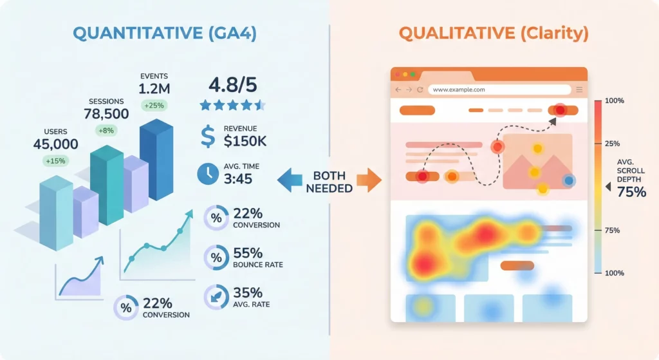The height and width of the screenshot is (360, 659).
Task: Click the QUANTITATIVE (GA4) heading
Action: [164, 33]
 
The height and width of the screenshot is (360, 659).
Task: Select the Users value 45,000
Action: [55, 144]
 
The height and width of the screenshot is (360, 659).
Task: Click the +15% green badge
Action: [55, 161]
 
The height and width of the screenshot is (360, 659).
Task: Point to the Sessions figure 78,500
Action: [106, 114]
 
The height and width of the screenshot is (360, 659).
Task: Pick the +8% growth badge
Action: [106, 131]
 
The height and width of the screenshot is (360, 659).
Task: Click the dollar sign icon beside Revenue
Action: [208, 136]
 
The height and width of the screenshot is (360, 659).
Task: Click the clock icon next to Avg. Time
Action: [207, 174]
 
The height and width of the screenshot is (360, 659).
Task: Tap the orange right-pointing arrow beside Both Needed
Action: [367, 180]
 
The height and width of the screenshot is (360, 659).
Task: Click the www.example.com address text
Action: [459, 90]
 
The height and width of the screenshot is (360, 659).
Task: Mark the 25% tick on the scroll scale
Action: [612, 143]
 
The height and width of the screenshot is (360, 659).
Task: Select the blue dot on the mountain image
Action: [568, 181]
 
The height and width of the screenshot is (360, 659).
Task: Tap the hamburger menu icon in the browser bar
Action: [579, 90]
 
